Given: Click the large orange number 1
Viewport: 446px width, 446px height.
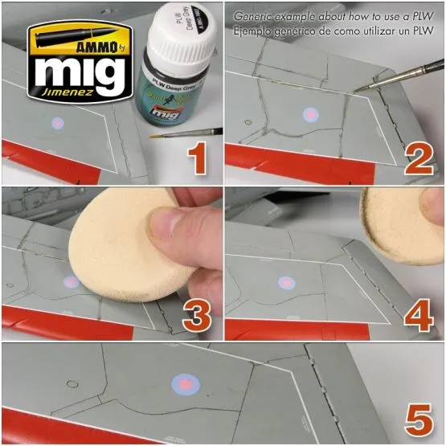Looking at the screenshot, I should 196,158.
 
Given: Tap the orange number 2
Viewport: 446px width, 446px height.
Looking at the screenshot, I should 418,158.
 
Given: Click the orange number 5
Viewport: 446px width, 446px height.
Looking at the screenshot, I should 419,419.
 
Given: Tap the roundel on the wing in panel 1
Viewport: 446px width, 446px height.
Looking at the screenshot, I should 57,124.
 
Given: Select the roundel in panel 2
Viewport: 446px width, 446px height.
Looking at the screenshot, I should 309,115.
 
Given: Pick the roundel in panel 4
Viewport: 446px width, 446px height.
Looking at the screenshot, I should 285,282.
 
